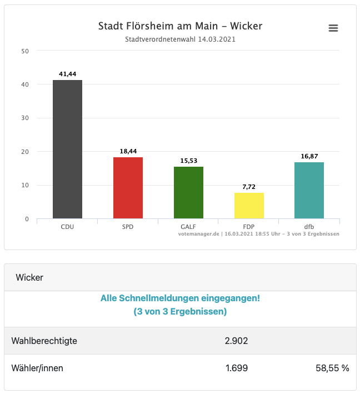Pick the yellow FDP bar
tap(249, 206)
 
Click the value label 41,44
tap(67, 74)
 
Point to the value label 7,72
tap(249, 187)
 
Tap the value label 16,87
tap(309, 156)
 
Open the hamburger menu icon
tap(333, 28)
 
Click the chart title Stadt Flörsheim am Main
tap(180, 26)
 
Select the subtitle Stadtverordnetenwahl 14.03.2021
tap(180, 39)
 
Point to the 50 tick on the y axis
tap(24, 51)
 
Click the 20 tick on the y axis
tap(24, 152)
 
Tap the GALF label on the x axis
tap(188, 227)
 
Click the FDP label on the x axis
tap(249, 227)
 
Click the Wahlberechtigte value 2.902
tap(236, 341)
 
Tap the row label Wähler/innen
tap(37, 368)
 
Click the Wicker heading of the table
tap(29, 277)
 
